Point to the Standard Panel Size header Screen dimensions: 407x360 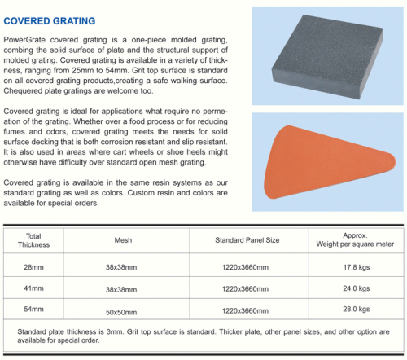(x=247, y=240)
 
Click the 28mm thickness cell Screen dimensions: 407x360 (x=33, y=267)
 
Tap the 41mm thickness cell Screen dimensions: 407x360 (x=33, y=288)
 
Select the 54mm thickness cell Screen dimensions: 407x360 (x=33, y=310)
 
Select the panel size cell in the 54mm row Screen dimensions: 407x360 (x=247, y=310)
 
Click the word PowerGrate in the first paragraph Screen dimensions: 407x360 (x=26, y=40)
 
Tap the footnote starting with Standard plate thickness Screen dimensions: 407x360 (x=201, y=337)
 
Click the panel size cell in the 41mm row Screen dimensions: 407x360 (x=247, y=288)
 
